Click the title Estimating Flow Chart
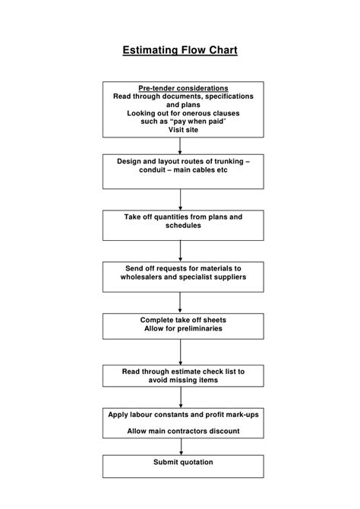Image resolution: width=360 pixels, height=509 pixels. [x=180, y=51]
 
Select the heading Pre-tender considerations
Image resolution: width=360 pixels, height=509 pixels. [x=183, y=88]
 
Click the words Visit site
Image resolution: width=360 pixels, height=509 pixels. [x=183, y=130]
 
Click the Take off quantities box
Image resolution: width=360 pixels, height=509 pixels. [x=183, y=225]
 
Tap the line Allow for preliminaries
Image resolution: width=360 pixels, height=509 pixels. [x=183, y=329]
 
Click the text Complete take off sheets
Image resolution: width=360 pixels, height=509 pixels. [x=183, y=320]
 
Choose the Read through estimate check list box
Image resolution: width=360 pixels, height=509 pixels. [x=183, y=376]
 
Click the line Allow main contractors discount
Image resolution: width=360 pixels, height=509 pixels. [x=183, y=431]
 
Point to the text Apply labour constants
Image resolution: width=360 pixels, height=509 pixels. [x=153, y=414]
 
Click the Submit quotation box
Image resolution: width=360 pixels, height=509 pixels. [x=183, y=466]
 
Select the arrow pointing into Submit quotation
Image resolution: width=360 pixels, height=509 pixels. [x=181, y=447]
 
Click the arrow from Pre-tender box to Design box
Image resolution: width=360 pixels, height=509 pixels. [x=180, y=146]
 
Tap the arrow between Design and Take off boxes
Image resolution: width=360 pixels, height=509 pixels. [x=180, y=199]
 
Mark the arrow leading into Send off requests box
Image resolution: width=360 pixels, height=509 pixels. [x=180, y=251]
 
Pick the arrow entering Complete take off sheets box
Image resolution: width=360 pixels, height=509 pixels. [x=180, y=303]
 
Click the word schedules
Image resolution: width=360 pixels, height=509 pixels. [x=183, y=226]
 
